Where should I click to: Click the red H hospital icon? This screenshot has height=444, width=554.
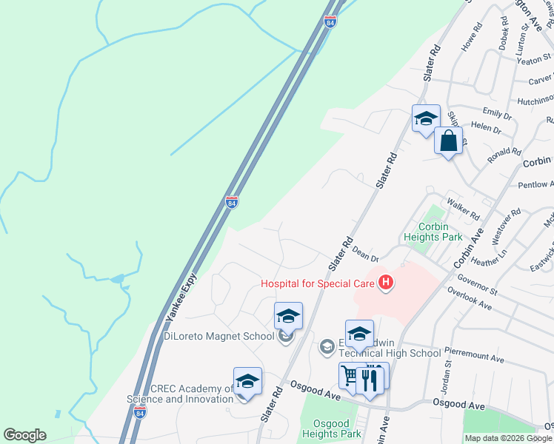tap(385, 282)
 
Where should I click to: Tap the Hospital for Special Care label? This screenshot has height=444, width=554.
tap(317, 283)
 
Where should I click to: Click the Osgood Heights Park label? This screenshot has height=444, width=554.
tap(332, 427)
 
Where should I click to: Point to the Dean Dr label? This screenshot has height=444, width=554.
tap(366, 254)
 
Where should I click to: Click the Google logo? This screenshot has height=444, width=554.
tap(24, 435)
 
